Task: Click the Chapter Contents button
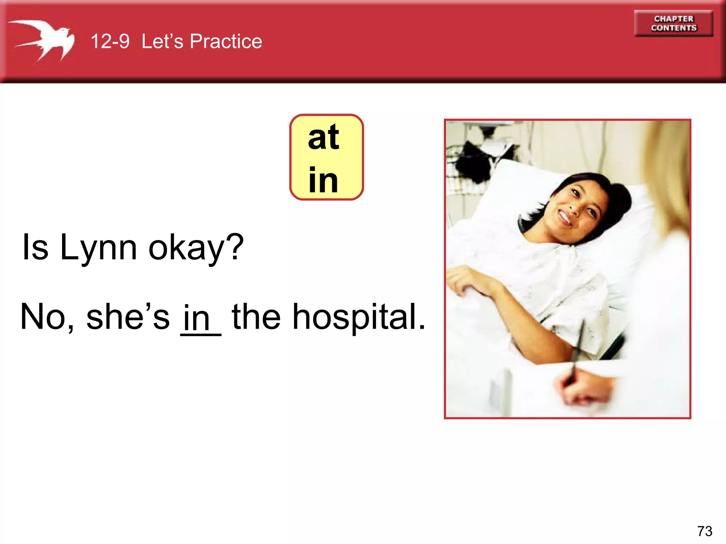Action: point(674,23)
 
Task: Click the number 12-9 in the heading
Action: point(110,41)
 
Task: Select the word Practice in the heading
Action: point(226,41)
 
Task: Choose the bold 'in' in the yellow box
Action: point(323,180)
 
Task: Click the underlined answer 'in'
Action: point(197,318)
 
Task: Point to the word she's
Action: point(128,317)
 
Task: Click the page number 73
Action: point(704,531)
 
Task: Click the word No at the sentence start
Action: point(43,317)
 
